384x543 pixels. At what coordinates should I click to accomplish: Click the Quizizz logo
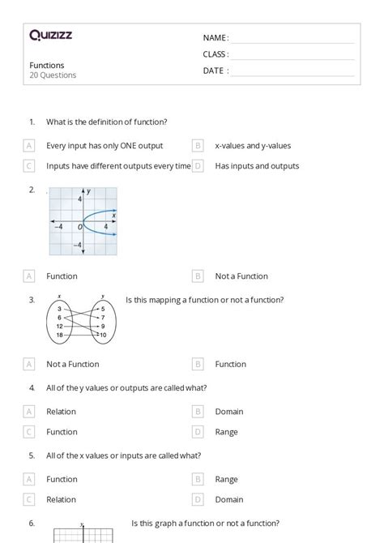click(x=51, y=35)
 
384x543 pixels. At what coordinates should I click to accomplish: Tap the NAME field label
click(x=215, y=38)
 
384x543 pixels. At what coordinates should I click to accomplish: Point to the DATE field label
click(x=215, y=71)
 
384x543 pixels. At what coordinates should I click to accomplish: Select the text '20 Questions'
click(x=53, y=75)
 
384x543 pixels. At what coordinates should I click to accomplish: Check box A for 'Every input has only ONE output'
click(x=29, y=146)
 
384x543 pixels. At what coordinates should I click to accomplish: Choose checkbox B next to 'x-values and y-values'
click(x=198, y=146)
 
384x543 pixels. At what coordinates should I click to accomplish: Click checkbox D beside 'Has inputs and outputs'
click(x=198, y=166)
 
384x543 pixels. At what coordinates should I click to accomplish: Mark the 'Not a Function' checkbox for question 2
click(x=198, y=276)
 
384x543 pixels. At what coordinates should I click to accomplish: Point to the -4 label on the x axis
click(x=58, y=227)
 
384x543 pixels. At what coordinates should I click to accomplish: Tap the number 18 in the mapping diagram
click(x=60, y=335)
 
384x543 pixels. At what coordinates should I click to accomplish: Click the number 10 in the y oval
click(x=103, y=335)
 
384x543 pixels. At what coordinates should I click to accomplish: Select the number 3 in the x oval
click(x=60, y=309)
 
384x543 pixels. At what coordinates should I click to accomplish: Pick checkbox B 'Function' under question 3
click(x=198, y=364)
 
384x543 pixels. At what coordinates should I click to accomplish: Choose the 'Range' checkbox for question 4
click(x=198, y=432)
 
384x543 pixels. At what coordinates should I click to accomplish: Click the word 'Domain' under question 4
click(x=229, y=412)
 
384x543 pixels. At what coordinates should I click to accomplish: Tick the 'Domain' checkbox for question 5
click(x=198, y=499)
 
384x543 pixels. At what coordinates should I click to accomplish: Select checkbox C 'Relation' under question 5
click(x=29, y=499)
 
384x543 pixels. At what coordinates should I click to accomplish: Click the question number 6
click(x=32, y=523)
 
